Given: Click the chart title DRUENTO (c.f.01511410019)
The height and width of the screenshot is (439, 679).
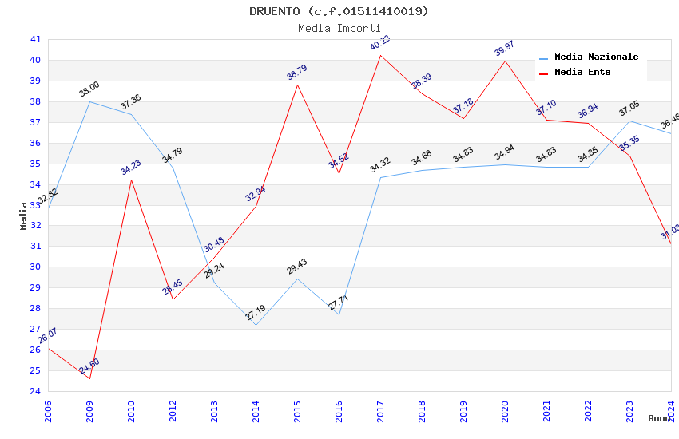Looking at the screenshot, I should point(339,11).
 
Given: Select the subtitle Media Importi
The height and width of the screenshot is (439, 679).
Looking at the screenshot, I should point(339,28).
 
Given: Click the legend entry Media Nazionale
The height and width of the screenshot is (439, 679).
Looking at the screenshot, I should point(596,57).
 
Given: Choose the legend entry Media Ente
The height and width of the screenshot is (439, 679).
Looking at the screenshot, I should point(582,73).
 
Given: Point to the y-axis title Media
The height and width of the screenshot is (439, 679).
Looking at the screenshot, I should point(24,216).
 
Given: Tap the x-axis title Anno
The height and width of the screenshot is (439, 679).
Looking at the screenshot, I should point(659,418).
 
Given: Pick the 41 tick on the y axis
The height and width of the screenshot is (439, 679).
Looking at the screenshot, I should point(35,39).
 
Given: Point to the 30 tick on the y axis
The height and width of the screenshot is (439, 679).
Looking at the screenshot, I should point(35,267).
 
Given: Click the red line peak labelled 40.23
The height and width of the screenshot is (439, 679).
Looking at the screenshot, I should point(380,55).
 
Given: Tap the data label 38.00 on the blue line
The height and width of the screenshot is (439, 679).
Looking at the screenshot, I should point(89,89).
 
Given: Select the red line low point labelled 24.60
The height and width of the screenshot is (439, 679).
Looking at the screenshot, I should point(89,378).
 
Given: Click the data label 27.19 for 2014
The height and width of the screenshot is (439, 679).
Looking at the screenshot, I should point(256,313).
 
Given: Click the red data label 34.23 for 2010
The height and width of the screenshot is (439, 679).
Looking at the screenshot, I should point(130,167).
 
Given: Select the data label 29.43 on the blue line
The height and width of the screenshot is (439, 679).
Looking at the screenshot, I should point(297,267).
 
